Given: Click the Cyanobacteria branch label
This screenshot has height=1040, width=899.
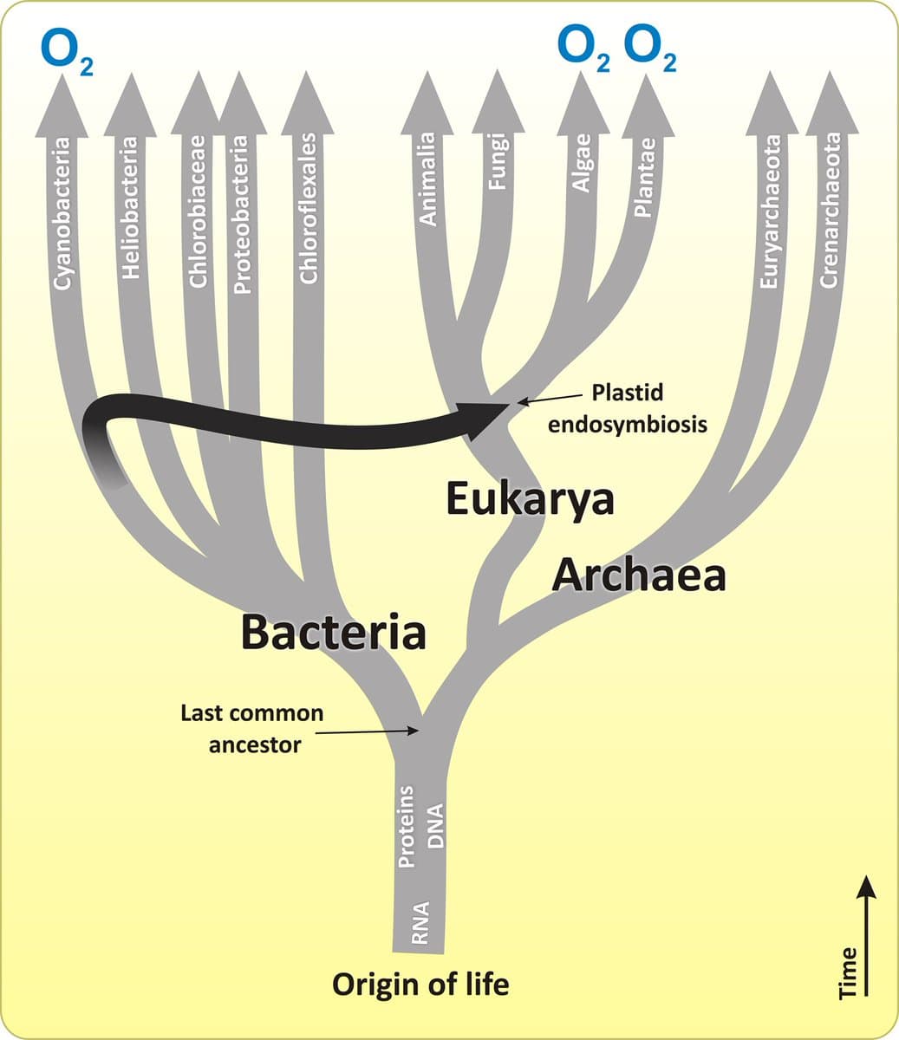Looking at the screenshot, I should point(62,212).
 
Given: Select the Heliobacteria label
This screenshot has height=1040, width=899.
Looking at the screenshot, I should point(130,208).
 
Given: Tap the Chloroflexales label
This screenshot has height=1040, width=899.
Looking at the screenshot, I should point(309,208).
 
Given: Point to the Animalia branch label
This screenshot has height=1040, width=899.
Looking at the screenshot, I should point(427,179).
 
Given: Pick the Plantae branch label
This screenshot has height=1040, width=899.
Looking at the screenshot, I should point(643,179).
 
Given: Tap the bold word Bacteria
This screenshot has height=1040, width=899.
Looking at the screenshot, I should point(334,632).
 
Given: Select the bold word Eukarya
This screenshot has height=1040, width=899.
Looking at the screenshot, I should point(530,499).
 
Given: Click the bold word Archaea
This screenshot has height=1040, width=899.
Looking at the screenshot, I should point(639,574).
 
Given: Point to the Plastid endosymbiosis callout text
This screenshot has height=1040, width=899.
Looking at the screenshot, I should point(628,408).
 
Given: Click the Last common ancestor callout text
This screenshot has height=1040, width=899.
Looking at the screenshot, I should point(252,729).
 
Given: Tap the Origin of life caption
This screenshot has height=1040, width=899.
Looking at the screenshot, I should point(420,985).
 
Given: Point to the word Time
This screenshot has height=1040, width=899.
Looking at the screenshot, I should point(849,972).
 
